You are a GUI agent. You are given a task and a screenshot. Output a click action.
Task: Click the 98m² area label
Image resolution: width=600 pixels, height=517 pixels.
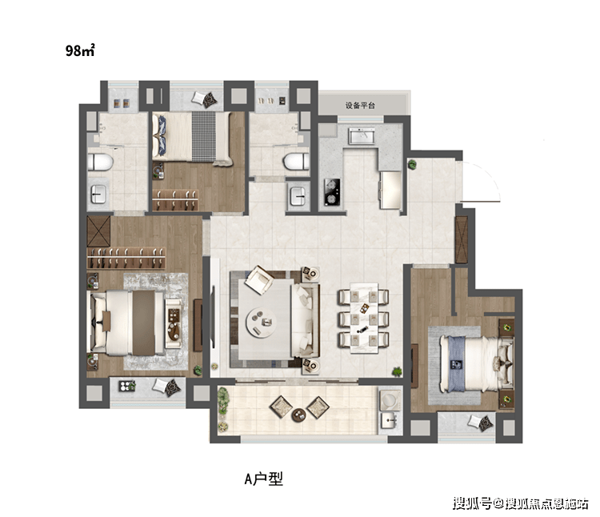click(79, 50)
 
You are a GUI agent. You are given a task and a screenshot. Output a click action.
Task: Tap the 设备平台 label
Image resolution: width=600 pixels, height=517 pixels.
click(360, 105)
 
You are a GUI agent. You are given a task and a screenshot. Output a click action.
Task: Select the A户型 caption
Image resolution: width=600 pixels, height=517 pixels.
click(264, 479)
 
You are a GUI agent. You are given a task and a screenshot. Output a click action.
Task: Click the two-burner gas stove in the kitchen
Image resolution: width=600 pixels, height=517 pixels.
click(331, 191)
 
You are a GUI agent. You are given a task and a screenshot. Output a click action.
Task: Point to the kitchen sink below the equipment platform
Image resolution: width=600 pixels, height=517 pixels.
click(362, 135)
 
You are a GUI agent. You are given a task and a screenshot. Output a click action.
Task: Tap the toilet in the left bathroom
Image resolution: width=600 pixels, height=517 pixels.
click(100, 162)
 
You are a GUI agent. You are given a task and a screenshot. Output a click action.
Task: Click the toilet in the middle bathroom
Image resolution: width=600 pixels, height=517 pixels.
click(296, 162)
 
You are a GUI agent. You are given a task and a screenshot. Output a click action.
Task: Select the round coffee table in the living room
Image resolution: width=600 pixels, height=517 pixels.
click(261, 323)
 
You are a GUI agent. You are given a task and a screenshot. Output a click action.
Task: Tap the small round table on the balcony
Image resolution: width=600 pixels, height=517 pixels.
click(298, 415)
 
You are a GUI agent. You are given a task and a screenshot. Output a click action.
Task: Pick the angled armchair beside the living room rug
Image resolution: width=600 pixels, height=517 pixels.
click(259, 280)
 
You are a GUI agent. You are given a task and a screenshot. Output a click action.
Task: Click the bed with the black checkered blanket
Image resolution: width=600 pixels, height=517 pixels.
click(192, 137)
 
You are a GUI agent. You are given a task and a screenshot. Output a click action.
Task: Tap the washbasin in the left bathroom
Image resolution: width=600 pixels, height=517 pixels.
click(98, 194)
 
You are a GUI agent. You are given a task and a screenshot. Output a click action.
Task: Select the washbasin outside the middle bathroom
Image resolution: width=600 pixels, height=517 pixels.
click(298, 196)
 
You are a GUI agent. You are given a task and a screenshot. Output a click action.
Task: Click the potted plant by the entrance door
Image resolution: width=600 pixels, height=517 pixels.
click(412, 165)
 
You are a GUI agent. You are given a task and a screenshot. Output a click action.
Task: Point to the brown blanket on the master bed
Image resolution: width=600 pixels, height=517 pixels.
click(144, 323)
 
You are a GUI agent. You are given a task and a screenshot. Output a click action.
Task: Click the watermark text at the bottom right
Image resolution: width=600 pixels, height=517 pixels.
click(521, 503)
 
